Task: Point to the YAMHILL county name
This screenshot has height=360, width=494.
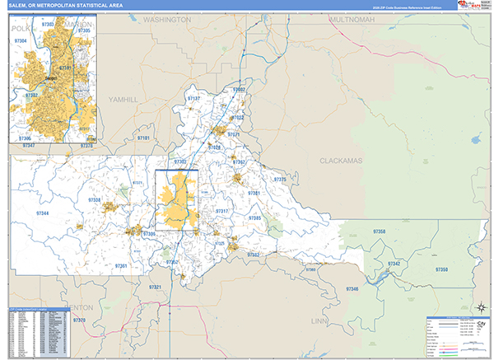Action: click(125, 99)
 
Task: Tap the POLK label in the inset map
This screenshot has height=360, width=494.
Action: click(21, 27)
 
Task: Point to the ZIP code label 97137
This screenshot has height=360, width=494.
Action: click(193, 99)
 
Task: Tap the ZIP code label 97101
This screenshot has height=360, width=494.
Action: click(143, 139)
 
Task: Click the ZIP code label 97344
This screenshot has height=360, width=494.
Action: click(44, 213)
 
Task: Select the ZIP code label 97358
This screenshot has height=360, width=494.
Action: click(380, 233)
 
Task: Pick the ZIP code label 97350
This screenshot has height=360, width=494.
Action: click(441, 270)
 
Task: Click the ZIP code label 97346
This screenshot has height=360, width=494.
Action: click(352, 289)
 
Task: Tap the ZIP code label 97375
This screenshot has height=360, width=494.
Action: click(279, 179)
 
